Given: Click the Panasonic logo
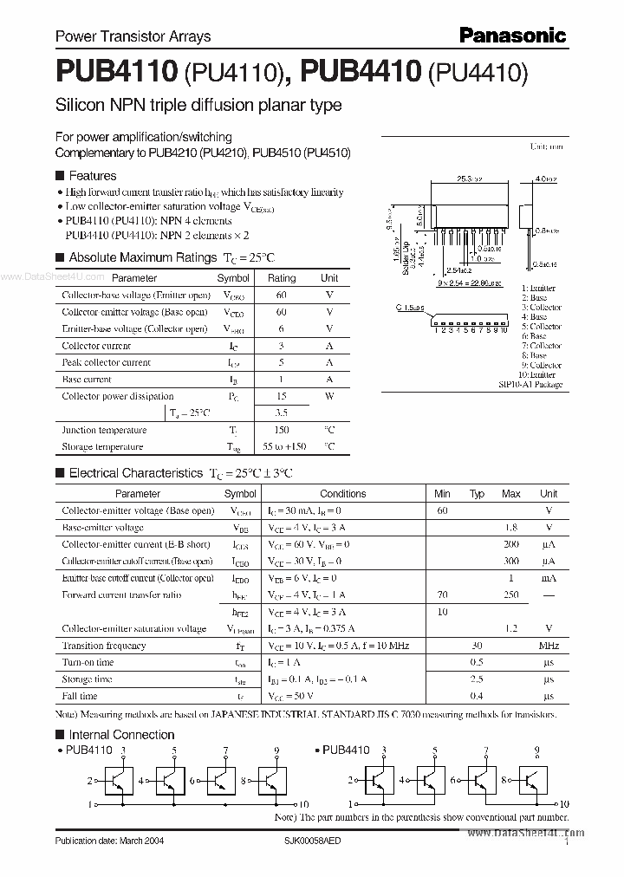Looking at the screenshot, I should point(511,36).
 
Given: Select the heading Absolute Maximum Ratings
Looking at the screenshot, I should point(142,257).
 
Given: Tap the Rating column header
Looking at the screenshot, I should point(281,278).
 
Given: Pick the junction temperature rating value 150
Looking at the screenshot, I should point(281,430).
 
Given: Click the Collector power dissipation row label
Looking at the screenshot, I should point(117,396).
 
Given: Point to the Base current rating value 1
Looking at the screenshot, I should point(281,380).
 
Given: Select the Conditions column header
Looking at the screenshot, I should point(342,493).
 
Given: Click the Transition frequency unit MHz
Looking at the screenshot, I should point(548,646).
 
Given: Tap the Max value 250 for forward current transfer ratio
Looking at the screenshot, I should point(511,594).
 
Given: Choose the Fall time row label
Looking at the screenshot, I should point(80,696).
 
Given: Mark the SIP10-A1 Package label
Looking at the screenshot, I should point(530,384).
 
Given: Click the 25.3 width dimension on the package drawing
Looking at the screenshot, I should point(469,179).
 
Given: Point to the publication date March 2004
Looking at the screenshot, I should point(108,841).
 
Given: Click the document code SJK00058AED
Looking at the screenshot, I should point(323,841).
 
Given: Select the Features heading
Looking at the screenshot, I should point(93,175).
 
